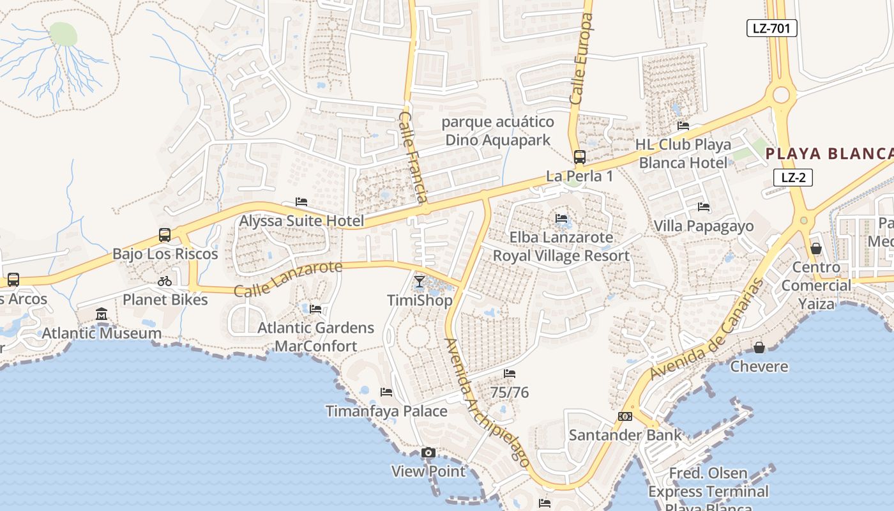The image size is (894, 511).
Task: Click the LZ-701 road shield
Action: point(771,27)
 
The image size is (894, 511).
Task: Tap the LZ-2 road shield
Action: point(792,178)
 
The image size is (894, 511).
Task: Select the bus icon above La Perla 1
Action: point(579,156)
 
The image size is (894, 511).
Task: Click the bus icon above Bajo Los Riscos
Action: point(165,234)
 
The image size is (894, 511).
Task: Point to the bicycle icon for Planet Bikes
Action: point(165,281)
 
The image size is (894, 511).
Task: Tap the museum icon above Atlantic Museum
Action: point(102,314)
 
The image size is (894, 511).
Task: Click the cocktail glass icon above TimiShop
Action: point(420,281)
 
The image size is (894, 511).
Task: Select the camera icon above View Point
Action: point(428,453)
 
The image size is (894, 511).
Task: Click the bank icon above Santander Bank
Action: point(625,416)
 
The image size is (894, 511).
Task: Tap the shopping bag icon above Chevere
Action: point(759,347)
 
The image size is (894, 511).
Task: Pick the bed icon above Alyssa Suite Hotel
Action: point(301,202)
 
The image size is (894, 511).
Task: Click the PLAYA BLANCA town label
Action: point(829,154)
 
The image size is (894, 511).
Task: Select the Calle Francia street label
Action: point(413,156)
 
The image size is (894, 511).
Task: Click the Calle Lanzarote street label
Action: point(288,279)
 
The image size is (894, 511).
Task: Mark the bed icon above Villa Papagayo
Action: point(704,207)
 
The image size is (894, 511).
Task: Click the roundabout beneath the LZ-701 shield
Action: point(781,96)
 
